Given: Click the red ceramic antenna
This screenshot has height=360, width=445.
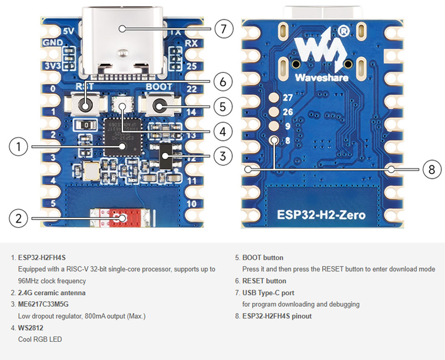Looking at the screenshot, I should (121, 218).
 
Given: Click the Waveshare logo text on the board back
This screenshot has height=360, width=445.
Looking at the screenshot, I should (321, 78).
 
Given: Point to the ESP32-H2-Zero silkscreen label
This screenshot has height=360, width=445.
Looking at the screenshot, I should (321, 215).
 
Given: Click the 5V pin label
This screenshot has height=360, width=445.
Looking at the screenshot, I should (68, 31).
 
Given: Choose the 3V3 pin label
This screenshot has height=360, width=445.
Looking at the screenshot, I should (54, 66).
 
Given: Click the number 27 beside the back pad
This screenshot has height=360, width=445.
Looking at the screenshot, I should (288, 98).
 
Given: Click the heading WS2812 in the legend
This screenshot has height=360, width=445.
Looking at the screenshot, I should (31, 328).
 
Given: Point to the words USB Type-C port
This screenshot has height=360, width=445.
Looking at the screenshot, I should (268, 293).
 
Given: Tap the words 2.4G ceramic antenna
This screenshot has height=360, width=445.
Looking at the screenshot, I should (52, 293).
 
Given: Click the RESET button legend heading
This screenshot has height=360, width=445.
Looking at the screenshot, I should (264, 281).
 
